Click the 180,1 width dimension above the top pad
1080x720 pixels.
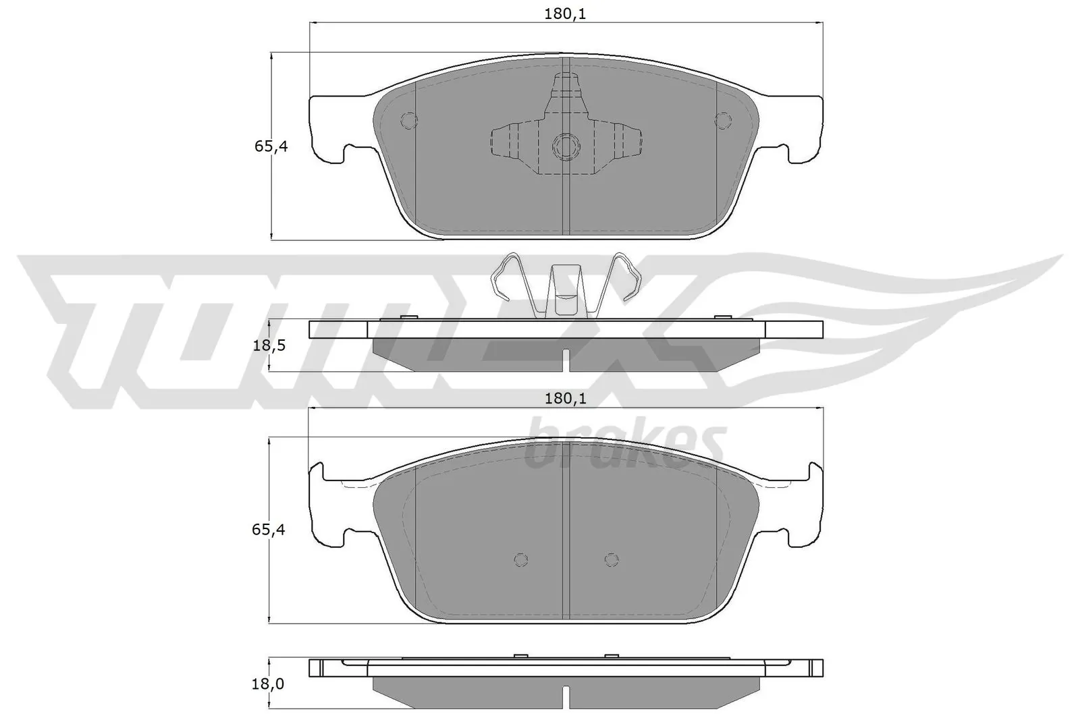pyautogui.click(x=565, y=13)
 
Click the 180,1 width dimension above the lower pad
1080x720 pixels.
pyautogui.click(x=565, y=399)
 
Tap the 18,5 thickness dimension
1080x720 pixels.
pyautogui.click(x=269, y=345)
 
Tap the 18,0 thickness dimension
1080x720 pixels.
pyautogui.click(x=269, y=684)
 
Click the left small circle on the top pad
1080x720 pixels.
pyautogui.click(x=408, y=120)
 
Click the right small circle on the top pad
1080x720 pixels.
pyautogui.click(x=722, y=120)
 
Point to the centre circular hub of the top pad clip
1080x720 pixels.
pyautogui.click(x=564, y=145)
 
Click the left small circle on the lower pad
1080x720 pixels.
pyautogui.click(x=520, y=559)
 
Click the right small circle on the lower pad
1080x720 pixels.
pyautogui.click(x=611, y=559)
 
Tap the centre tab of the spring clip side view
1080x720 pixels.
pyautogui.click(x=565, y=290)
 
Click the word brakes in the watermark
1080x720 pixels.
pyautogui.click(x=624, y=445)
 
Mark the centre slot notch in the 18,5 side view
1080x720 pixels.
pyautogui.click(x=567, y=359)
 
